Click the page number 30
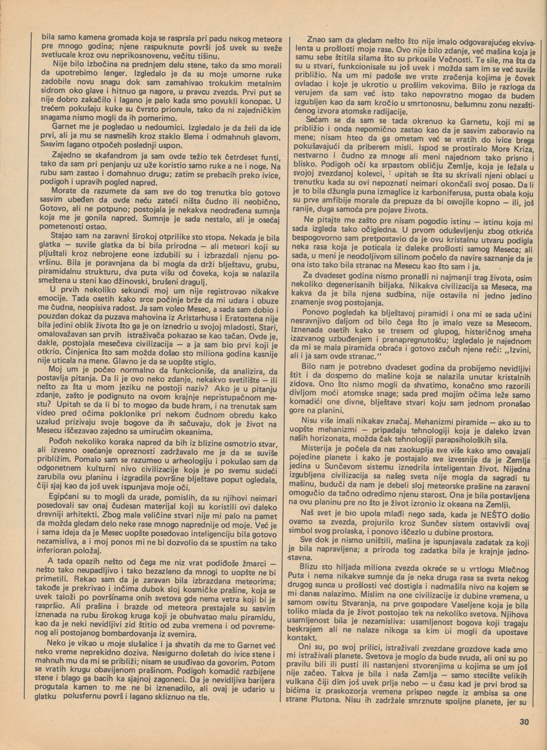pyautogui.click(x=523, y=722)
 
